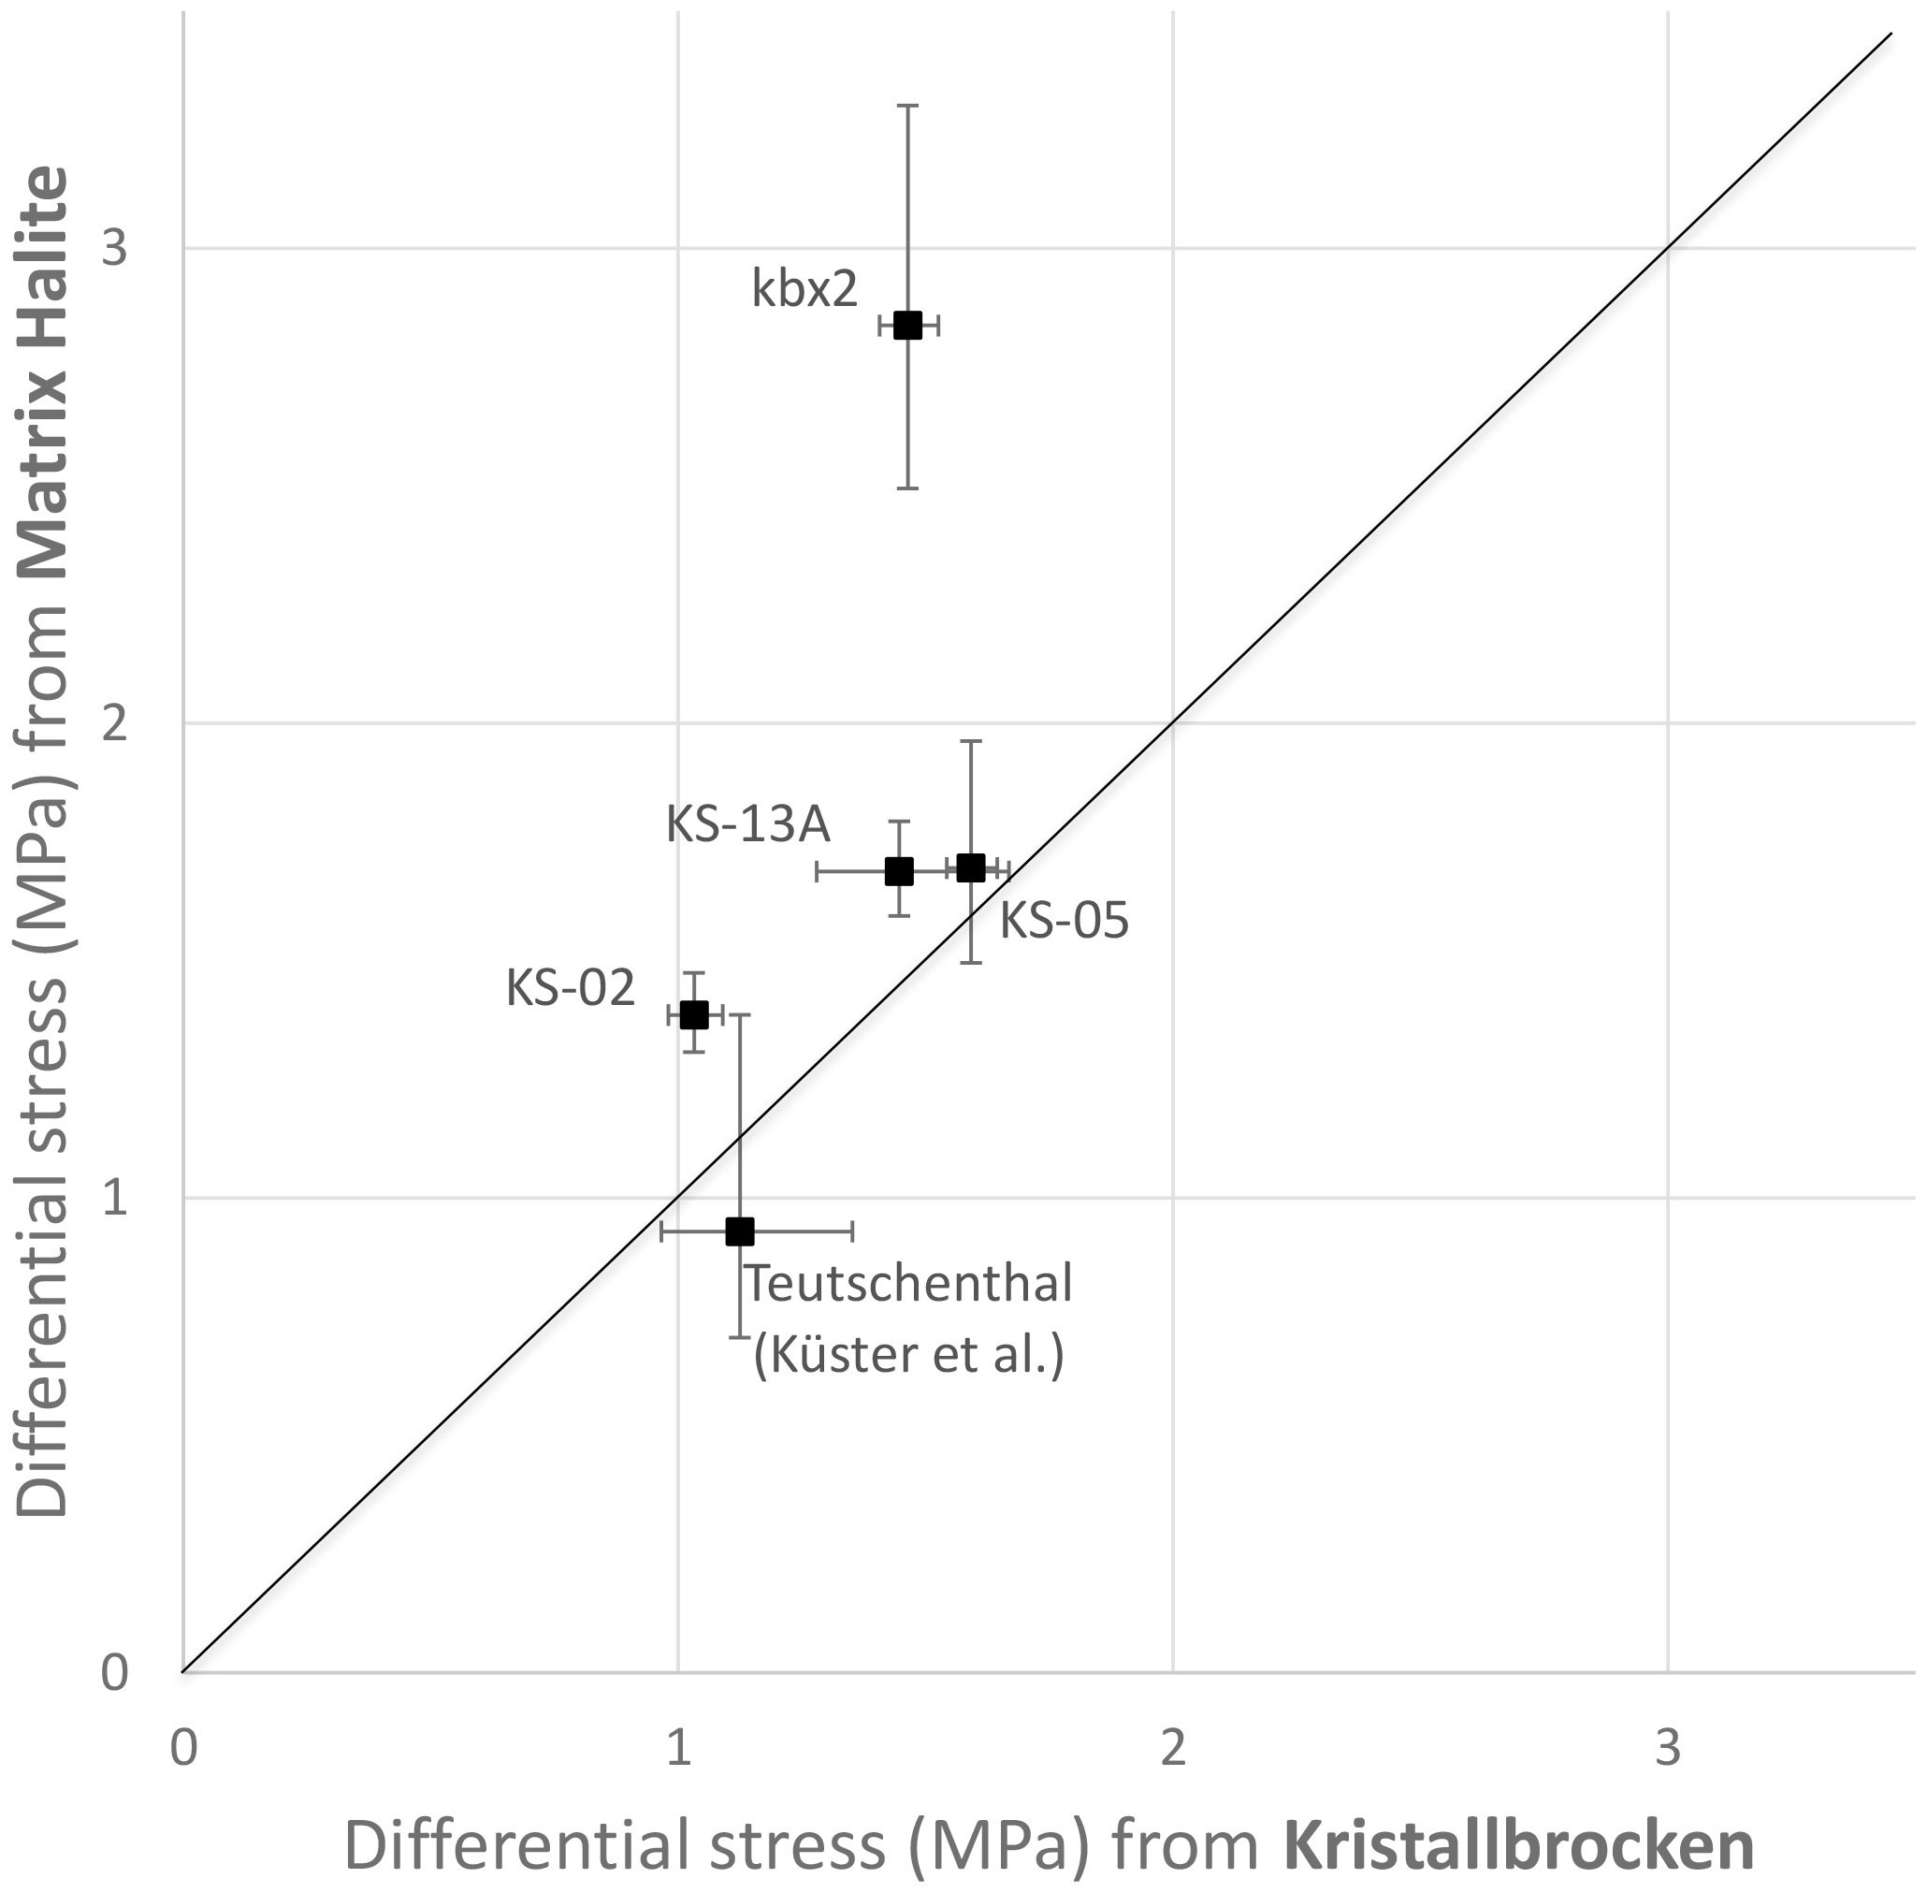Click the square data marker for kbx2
coord(907,325)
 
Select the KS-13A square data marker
coord(899,871)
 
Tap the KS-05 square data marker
coord(971,866)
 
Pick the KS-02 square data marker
coord(694,1014)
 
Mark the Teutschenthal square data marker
coord(739,1230)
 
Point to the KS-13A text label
coord(747,824)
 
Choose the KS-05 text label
coord(1064,921)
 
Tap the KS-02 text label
coord(570,988)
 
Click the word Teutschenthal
coord(908,1284)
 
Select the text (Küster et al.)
coord(908,1354)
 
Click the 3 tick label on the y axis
coord(115,248)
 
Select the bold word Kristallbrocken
coord(1517,1845)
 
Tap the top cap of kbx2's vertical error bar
coord(907,105)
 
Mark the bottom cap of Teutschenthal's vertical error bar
coord(739,1336)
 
